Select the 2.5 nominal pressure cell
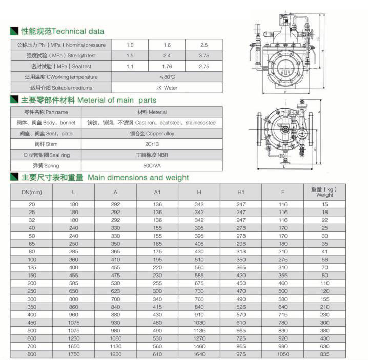203,45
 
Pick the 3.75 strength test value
203,55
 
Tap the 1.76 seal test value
167,66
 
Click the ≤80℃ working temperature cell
167,77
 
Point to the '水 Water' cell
167,88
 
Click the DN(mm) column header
32,192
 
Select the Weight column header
324,192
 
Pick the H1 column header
241,192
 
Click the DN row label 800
32,354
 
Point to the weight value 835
324,354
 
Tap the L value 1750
74,354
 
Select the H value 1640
199,354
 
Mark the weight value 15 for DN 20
324,204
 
